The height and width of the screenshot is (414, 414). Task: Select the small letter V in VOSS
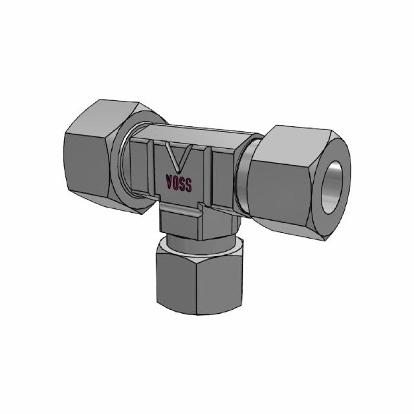pos(169,182)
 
